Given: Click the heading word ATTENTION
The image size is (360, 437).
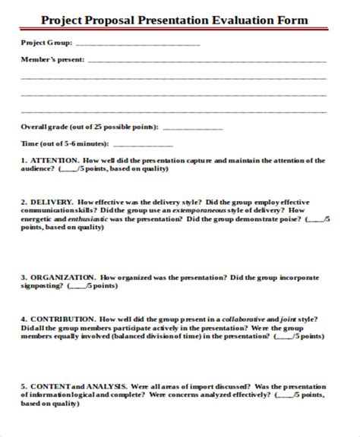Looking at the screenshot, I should tap(53, 161).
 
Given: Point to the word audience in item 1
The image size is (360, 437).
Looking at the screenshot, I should tap(36, 169).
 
